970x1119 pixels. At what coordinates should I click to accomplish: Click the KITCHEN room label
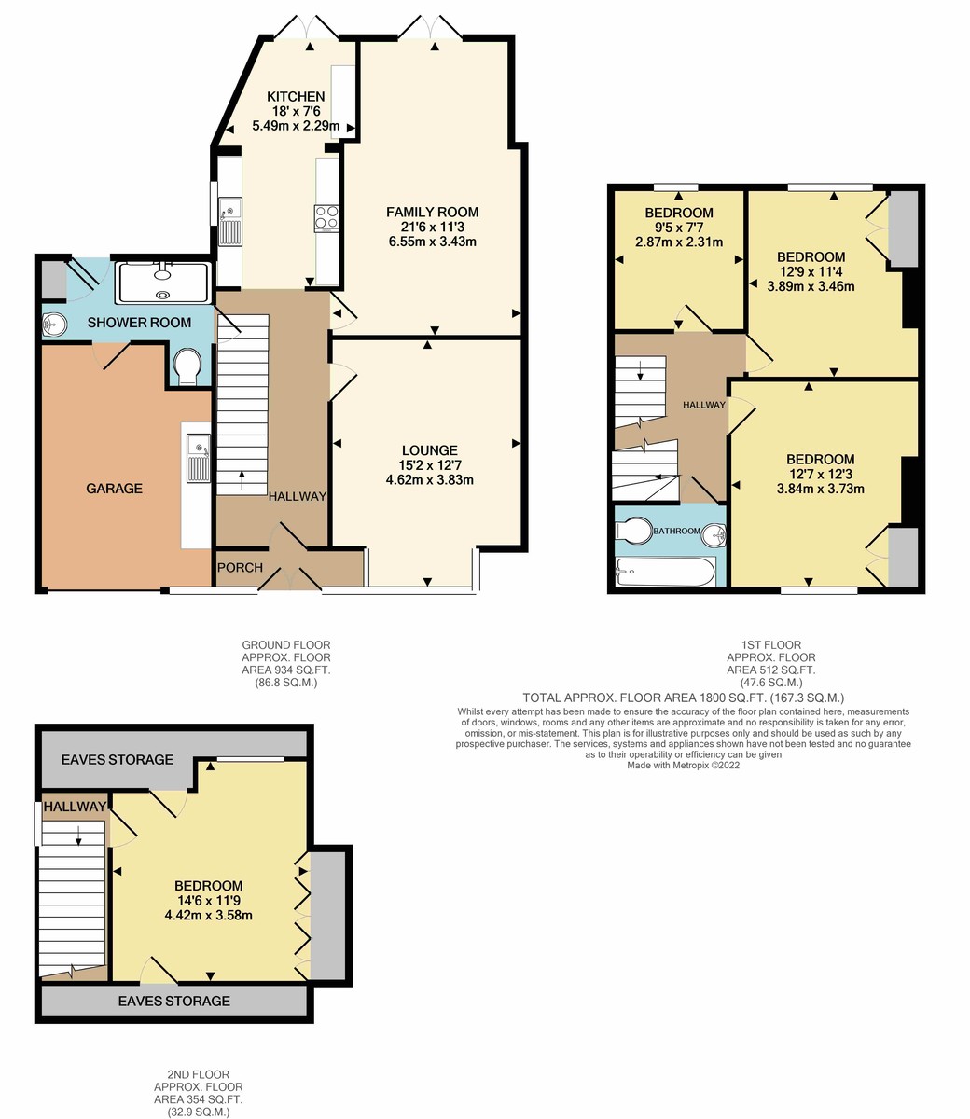296,97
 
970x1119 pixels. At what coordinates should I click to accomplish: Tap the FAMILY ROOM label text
432,213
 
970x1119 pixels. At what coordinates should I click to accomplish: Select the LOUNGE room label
430,450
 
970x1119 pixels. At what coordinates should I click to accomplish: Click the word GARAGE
115,488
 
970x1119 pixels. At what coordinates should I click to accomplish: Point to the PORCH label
240,568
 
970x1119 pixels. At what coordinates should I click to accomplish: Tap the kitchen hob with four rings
326,216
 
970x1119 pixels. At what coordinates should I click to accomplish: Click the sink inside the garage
197,459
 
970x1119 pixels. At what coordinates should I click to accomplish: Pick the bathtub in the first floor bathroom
665,572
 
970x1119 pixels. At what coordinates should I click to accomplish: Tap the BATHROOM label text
676,532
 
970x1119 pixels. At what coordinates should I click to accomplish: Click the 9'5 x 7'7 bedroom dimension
679,228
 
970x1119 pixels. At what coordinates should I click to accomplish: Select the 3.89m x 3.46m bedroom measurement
811,287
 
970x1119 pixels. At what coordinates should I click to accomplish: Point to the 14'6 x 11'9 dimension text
208,901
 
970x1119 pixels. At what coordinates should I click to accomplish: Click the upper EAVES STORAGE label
118,759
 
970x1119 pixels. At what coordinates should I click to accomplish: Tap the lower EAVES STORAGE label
173,1001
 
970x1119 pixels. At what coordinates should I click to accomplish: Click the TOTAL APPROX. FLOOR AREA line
683,698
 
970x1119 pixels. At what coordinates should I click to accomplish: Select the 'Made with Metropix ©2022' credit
683,765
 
